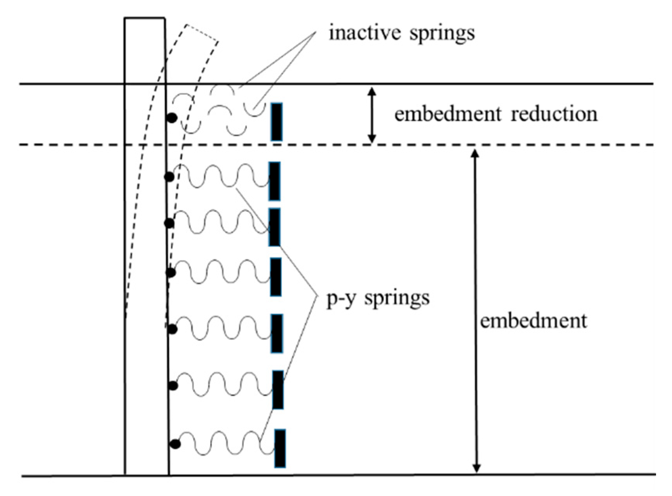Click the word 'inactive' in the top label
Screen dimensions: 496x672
point(365,32)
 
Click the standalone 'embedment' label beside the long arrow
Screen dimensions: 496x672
point(533,321)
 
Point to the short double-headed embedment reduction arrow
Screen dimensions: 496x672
point(372,115)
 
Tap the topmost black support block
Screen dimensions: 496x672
point(276,122)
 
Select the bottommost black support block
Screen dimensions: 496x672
point(280,448)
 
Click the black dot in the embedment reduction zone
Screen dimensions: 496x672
point(172,117)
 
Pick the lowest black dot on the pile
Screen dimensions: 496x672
point(175,444)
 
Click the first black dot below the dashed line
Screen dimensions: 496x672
point(169,177)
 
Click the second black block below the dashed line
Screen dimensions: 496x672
point(274,227)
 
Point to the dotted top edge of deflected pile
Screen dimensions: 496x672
point(202,32)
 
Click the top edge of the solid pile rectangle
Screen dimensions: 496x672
point(144,18)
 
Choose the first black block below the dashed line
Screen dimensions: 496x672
point(274,181)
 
